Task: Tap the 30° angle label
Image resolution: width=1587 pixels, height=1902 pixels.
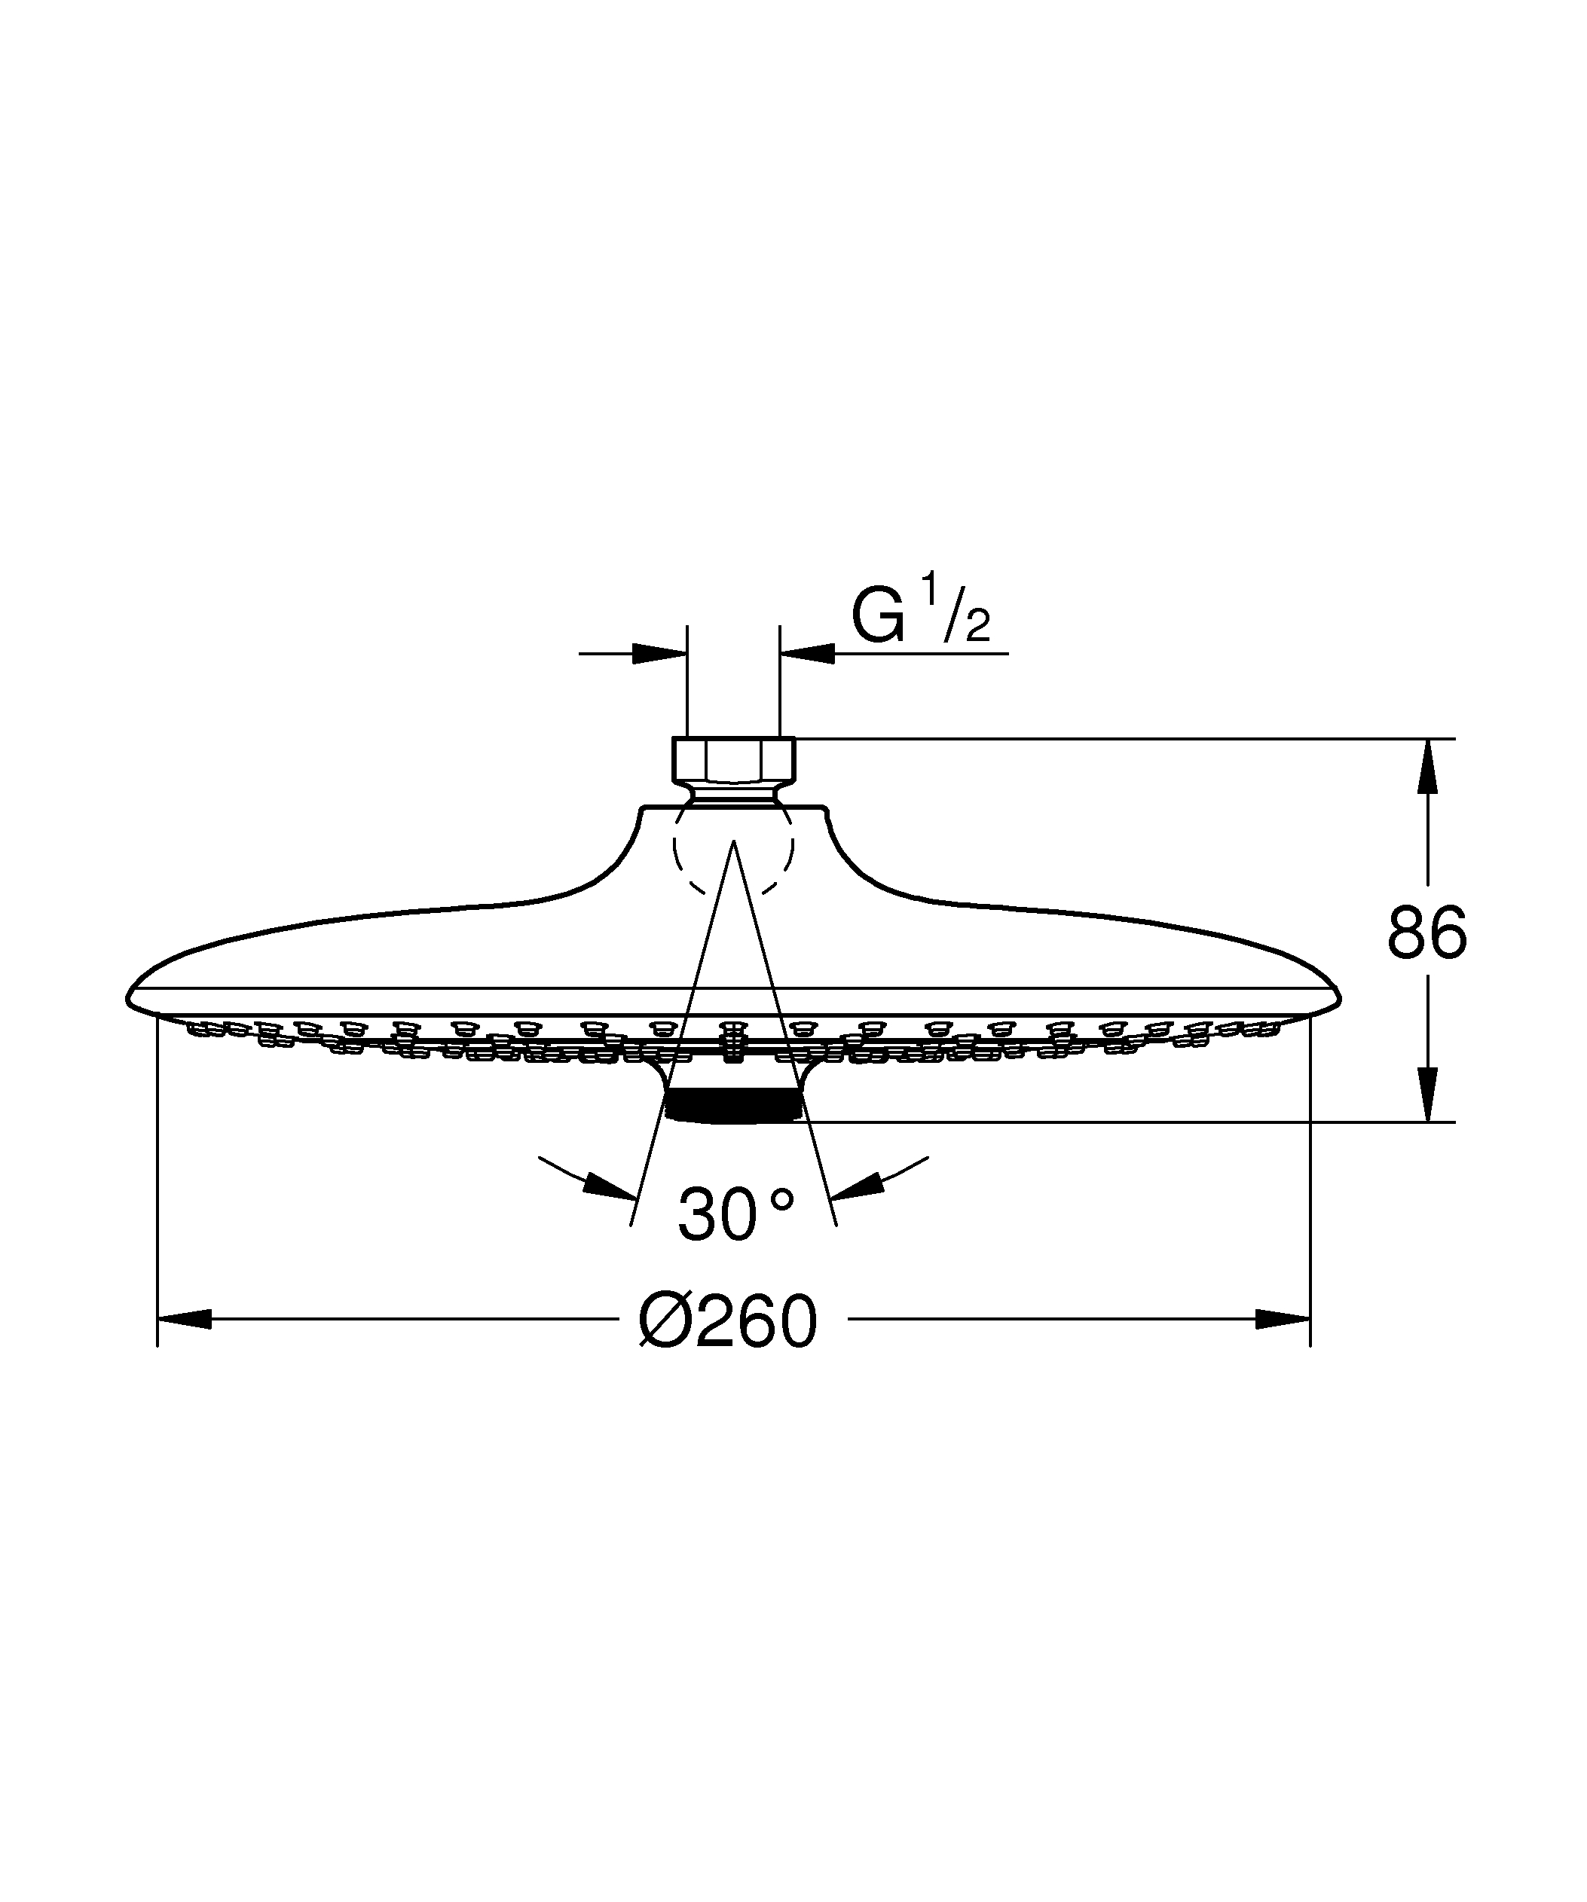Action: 735,1216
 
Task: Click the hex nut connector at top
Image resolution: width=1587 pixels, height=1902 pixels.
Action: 734,759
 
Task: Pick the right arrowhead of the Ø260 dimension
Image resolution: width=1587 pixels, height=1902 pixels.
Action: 1283,1320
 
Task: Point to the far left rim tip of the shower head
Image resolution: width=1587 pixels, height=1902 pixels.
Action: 129,999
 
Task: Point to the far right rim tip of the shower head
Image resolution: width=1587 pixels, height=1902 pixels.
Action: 1339,999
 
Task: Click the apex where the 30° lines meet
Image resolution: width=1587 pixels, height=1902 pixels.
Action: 734,841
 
